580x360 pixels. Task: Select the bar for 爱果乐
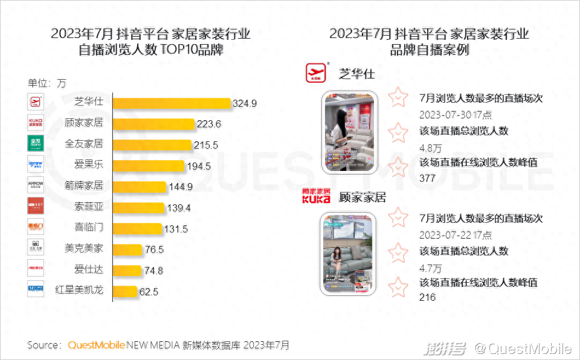pos(149,166)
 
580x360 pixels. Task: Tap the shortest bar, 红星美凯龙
pos(125,291)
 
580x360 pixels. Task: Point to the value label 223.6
pos(209,124)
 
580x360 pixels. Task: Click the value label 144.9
pos(181,187)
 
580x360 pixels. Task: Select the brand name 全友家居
pos(83,144)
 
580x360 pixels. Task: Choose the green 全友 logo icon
pos(36,144)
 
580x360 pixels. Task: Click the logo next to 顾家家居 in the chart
pos(36,123)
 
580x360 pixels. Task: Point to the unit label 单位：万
pos(47,83)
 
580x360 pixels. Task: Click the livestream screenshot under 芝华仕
pos(350,132)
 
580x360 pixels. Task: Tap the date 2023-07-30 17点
pos(455,115)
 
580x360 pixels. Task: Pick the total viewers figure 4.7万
pos(430,267)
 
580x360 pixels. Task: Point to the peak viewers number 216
pos(427,297)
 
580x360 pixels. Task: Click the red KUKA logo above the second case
pos(316,196)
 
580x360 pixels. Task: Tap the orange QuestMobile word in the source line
pos(96,346)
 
